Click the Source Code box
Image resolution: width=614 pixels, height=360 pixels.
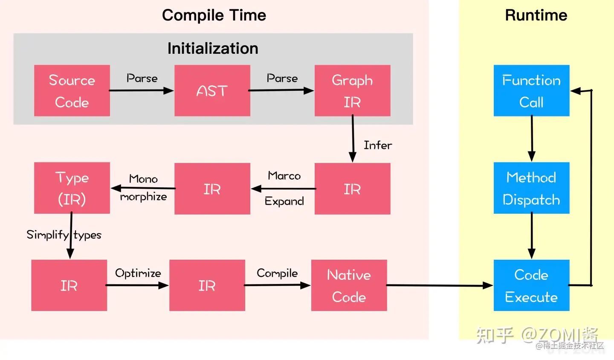click(x=72, y=90)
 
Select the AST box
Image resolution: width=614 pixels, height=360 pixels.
click(x=212, y=90)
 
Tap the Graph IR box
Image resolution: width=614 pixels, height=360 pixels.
click(x=352, y=90)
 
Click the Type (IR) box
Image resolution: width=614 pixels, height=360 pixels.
click(x=72, y=188)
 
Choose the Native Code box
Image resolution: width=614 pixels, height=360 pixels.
click(x=349, y=285)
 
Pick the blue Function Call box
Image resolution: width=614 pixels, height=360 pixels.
click(x=531, y=90)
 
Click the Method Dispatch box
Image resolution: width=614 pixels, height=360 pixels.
click(x=531, y=188)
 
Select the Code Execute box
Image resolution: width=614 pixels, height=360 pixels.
click(x=531, y=285)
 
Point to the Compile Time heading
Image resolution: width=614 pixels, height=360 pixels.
click(x=214, y=15)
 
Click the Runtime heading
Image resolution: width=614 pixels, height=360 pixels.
click(x=536, y=15)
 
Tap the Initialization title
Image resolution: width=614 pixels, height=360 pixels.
click(x=213, y=49)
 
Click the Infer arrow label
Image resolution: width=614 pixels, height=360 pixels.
click(x=378, y=145)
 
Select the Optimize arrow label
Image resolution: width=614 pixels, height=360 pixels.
click(x=138, y=273)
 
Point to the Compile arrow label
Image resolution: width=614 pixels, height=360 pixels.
click(x=277, y=273)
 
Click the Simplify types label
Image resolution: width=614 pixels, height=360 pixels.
click(x=64, y=235)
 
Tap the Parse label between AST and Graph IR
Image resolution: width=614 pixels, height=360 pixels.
click(x=282, y=78)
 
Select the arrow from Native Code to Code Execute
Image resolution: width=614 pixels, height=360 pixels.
click(x=439, y=285)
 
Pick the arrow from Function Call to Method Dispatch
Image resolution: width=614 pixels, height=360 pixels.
click(x=532, y=139)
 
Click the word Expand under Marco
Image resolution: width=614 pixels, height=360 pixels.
click(x=284, y=201)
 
